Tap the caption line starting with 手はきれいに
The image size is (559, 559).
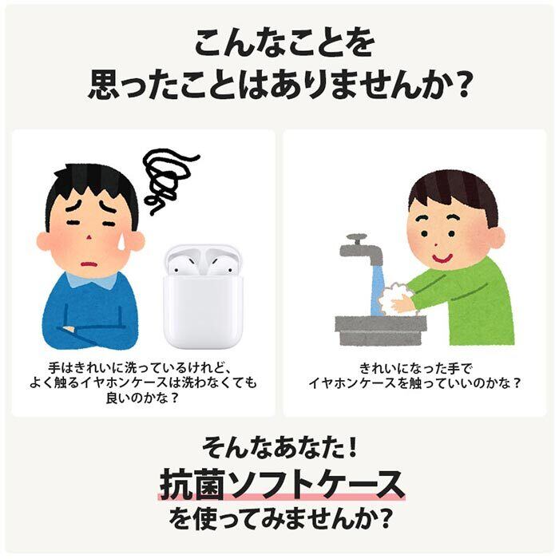pos(144,368)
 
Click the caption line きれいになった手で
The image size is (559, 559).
pos(414,368)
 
